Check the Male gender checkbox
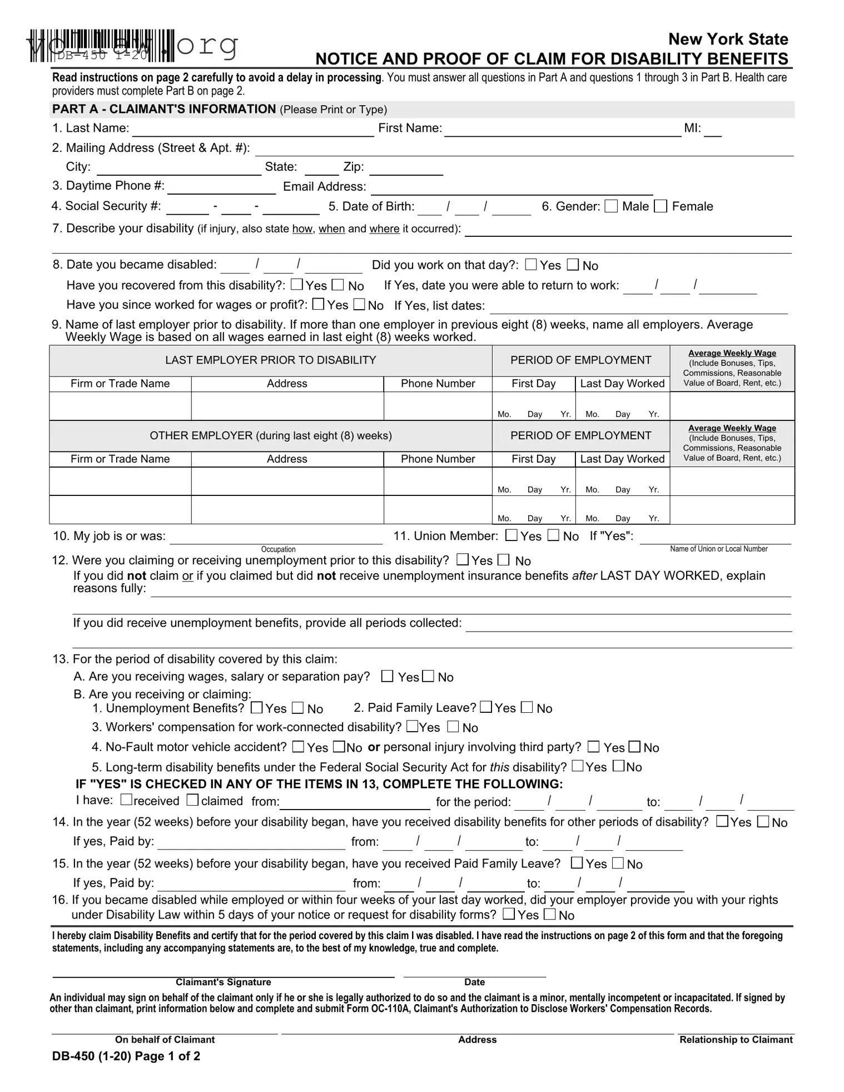click(611, 206)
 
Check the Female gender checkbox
click(661, 206)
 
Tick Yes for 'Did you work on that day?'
click(531, 265)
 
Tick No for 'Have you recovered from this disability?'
click(338, 285)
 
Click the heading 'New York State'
click(728, 39)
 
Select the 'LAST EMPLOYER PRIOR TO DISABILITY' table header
click(271, 360)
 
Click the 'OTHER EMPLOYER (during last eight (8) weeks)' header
click(271, 436)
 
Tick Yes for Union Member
click(511, 535)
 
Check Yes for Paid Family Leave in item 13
click(486, 707)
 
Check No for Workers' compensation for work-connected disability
click(453, 727)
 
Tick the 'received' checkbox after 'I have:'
click(126, 800)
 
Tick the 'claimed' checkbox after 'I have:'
click(192, 800)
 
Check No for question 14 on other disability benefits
click(764, 821)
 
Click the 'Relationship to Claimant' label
click(736, 1040)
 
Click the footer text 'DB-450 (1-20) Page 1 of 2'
click(126, 1056)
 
